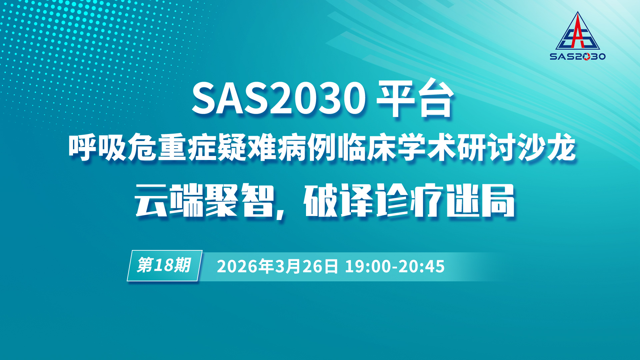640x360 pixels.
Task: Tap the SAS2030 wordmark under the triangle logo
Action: [x=578, y=56]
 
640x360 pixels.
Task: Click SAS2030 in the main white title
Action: [x=279, y=99]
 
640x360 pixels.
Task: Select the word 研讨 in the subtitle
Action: [x=486, y=147]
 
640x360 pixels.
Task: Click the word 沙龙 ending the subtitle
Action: [x=546, y=147]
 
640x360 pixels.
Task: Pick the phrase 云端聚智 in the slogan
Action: [x=204, y=200]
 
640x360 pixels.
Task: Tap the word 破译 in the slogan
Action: [x=338, y=200]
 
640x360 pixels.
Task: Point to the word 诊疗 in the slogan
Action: [x=410, y=200]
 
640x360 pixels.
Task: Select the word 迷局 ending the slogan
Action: [x=480, y=200]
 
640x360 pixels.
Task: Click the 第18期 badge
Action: [x=165, y=266]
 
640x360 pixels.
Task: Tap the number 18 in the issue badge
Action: [x=164, y=265]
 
